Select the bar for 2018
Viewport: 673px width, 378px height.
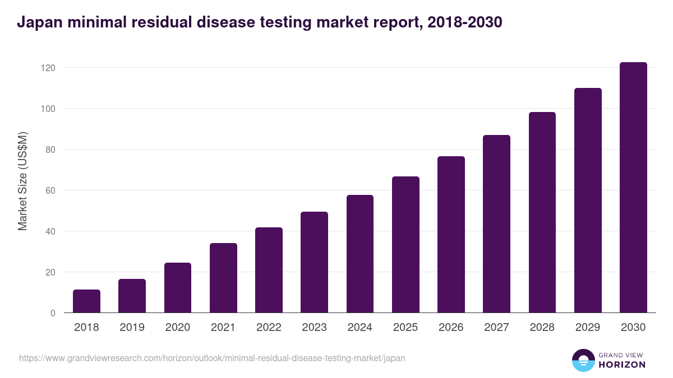tap(86, 301)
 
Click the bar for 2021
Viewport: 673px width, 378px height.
tap(223, 278)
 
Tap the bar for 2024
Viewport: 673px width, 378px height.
tap(360, 254)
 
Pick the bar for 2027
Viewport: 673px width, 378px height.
tap(497, 224)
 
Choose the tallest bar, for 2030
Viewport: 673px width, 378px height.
tap(633, 188)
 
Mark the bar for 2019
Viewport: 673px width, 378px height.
tap(132, 296)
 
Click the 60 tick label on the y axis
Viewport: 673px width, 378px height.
tap(50, 190)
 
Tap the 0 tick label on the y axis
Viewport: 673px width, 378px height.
tap(53, 313)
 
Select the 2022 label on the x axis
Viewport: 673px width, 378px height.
tap(269, 328)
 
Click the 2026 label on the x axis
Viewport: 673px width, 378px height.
tap(451, 328)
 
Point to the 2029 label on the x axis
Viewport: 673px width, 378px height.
tap(588, 328)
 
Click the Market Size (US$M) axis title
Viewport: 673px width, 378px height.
tap(22, 181)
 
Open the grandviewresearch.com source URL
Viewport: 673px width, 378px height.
tap(212, 358)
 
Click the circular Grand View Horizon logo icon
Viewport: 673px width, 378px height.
tap(583, 360)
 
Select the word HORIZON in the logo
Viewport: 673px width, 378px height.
tap(621, 365)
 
